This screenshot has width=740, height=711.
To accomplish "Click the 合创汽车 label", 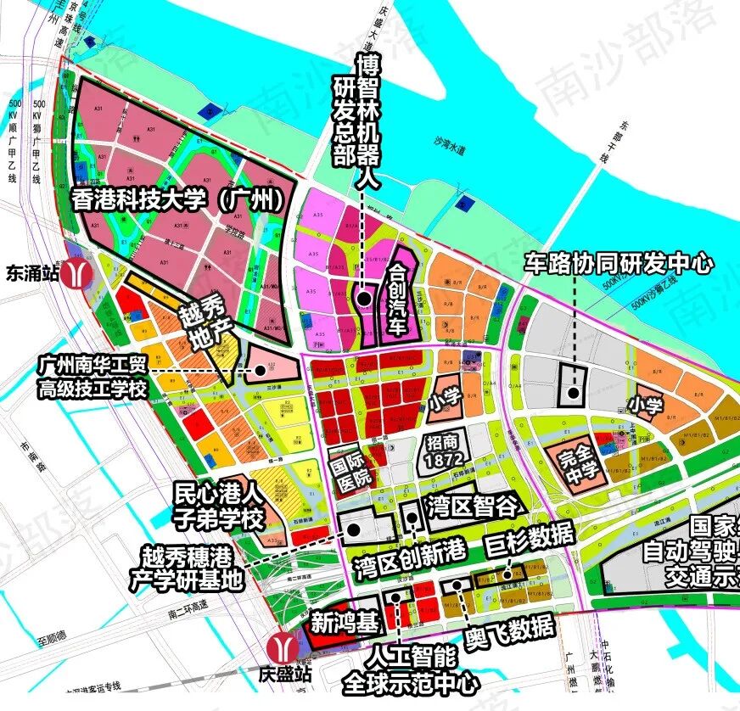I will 396,298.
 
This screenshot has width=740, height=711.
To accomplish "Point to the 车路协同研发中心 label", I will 618,264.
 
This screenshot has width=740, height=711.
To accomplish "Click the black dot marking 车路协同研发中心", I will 575,393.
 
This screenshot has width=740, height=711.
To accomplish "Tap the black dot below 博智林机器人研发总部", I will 363,298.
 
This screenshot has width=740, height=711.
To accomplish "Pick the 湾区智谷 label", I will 473,508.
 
